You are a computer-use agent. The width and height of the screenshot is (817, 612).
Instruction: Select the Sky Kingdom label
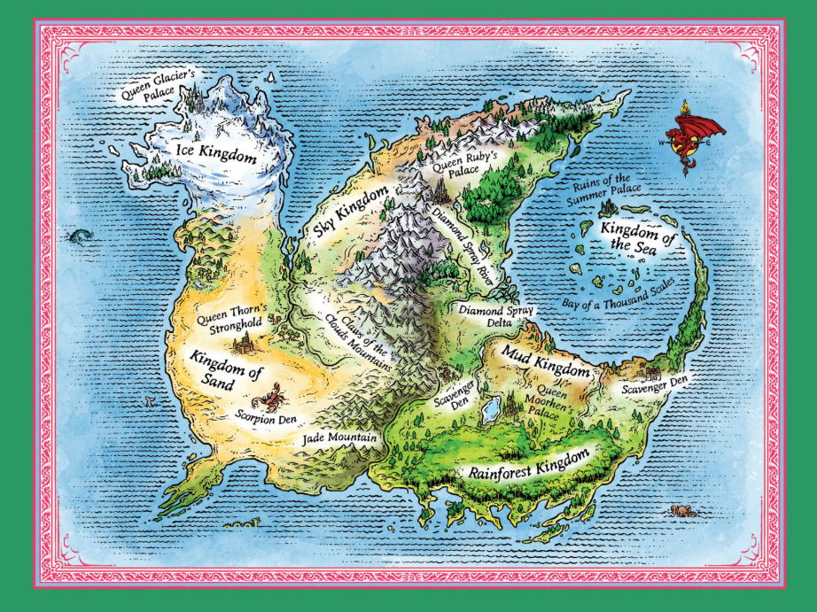click(352, 213)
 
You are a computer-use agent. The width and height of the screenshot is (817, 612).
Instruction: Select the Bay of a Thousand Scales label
click(619, 292)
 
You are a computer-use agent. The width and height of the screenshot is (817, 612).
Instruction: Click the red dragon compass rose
click(692, 136)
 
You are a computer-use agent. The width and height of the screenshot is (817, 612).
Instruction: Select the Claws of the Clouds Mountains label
click(358, 339)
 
